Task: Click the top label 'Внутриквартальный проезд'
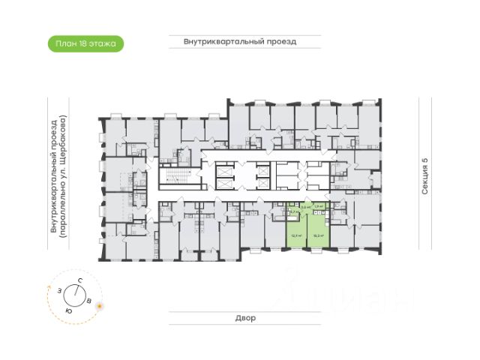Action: tap(240, 42)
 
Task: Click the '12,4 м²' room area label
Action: tap(295, 235)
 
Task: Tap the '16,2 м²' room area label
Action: tap(318, 235)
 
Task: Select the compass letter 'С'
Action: tap(79, 280)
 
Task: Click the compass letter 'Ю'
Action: tap(68, 310)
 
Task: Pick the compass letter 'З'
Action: tap(58, 289)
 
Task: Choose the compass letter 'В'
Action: tap(89, 301)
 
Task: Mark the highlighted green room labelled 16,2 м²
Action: tap(318, 229)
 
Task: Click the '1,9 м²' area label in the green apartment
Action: tap(318, 206)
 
